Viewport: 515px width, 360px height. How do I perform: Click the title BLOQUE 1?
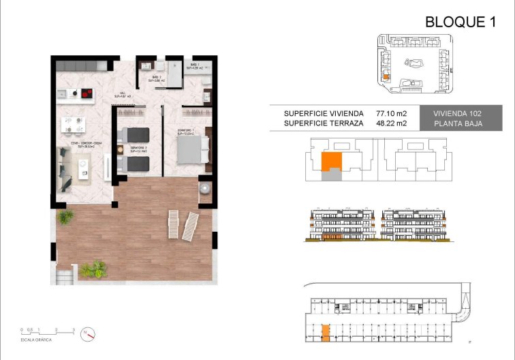pos(460,22)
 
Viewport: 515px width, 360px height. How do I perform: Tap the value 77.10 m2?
pos(391,113)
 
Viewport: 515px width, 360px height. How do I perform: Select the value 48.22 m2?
pos(391,123)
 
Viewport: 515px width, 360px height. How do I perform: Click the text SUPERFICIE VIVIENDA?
pos(317,113)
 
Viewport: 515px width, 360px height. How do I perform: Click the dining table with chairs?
pos(74,124)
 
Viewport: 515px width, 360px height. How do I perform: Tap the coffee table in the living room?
pos(84,166)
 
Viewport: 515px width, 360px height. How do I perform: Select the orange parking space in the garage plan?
pos(326,332)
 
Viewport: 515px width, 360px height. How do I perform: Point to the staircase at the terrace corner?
pos(64,275)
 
